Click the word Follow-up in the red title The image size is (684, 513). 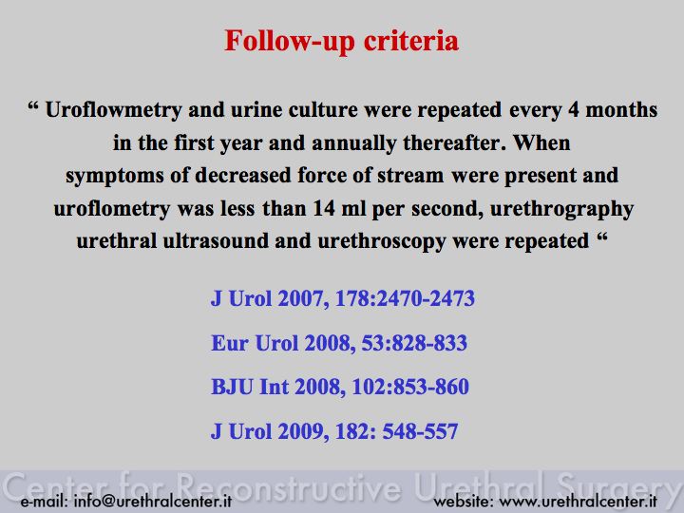pos(290,42)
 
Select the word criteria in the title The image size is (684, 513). pos(411,41)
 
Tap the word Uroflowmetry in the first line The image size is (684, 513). pos(113,110)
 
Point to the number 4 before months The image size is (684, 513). pos(573,109)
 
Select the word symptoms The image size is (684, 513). pos(115,177)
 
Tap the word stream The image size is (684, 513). pos(410,176)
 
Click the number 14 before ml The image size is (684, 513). pos(324,208)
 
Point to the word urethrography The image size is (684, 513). pos(561,209)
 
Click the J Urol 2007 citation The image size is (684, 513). pos(343,299)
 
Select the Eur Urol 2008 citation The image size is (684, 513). pos(339,343)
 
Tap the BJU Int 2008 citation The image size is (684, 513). pos(340,387)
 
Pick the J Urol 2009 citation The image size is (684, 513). pos(334,431)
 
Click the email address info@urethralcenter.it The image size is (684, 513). pos(153,501)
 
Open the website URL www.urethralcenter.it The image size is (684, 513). pos(578,502)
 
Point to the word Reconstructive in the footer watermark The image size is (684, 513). pos(289,486)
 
